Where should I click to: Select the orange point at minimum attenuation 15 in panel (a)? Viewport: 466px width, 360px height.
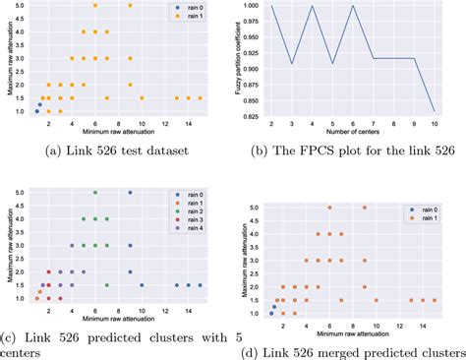click(x=201, y=97)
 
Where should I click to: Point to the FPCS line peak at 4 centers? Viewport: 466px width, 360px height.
click(x=311, y=6)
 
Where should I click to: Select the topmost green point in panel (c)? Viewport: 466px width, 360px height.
click(x=95, y=193)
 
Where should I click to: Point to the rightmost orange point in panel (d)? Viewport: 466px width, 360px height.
click(x=435, y=300)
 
